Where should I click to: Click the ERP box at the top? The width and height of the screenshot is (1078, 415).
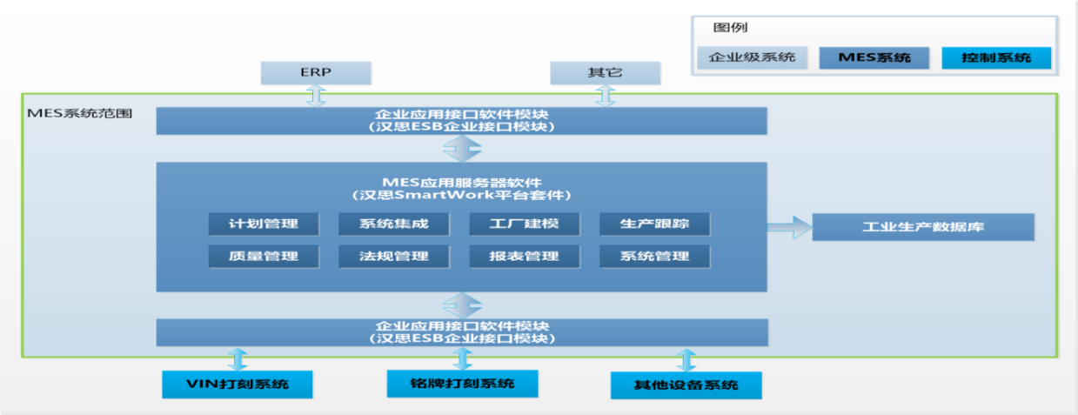click(x=315, y=72)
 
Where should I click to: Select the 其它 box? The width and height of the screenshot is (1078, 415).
click(x=605, y=72)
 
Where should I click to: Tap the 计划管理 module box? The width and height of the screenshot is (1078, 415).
click(x=264, y=224)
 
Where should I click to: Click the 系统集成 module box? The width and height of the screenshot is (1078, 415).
click(x=393, y=224)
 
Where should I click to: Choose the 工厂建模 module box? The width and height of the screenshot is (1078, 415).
click(x=524, y=224)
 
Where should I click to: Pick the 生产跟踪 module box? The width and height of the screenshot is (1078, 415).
click(x=654, y=224)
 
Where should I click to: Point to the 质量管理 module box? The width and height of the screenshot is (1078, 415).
click(x=264, y=257)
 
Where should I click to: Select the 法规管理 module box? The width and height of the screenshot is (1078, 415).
click(x=393, y=257)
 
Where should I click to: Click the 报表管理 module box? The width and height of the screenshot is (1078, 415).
click(x=524, y=257)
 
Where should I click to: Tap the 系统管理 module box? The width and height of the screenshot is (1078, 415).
click(x=654, y=257)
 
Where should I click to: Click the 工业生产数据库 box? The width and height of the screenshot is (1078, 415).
click(x=923, y=227)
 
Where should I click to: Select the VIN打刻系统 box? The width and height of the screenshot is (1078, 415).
click(x=238, y=384)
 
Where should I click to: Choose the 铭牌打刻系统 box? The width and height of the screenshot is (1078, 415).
click(x=462, y=383)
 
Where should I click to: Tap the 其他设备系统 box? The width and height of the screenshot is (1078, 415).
click(x=686, y=385)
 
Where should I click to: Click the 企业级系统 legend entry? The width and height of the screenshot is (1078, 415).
click(x=753, y=57)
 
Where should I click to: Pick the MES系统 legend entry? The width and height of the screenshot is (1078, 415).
click(x=874, y=57)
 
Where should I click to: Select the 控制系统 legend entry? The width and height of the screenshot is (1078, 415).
click(x=996, y=57)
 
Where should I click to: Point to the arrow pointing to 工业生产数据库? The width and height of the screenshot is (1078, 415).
click(x=788, y=228)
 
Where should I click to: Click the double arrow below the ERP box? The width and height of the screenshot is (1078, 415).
click(x=316, y=96)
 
